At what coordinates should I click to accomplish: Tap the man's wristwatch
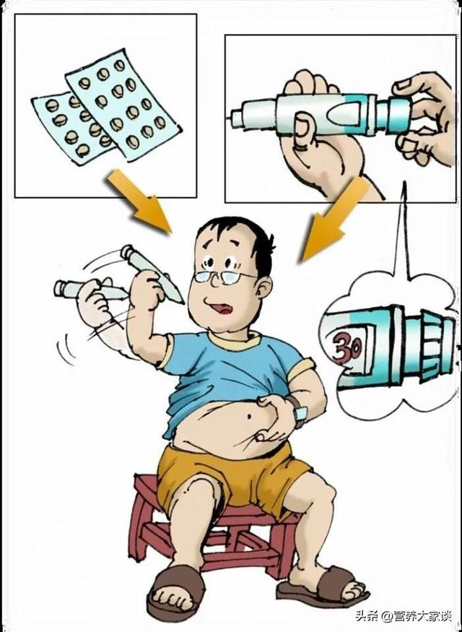point(298,412)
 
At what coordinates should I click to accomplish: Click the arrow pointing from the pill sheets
point(139,201)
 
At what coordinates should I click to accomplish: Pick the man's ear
point(263,289)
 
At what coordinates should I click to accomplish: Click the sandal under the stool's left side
point(176,592)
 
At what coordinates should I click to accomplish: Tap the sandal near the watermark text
point(322,586)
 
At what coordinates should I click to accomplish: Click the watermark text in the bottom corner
point(405,616)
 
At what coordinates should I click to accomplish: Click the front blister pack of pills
point(123,105)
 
